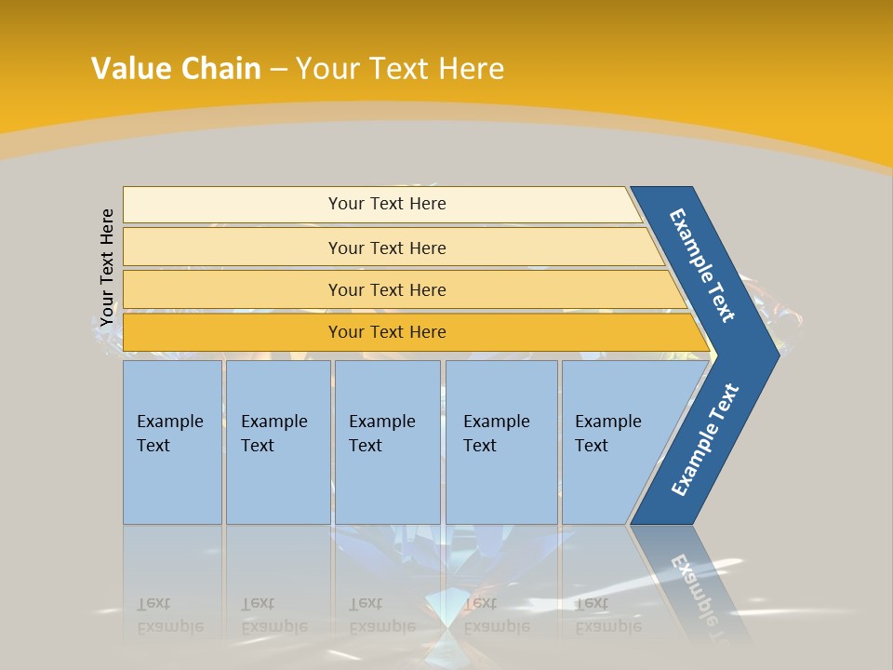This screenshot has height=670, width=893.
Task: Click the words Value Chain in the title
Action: pos(176,69)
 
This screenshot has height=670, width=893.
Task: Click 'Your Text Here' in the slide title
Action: pos(400,69)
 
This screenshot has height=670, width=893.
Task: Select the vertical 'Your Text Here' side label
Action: pos(107,267)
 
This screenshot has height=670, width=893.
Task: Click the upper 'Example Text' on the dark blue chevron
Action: pos(702,265)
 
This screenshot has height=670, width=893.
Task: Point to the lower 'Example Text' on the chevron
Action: pos(705,440)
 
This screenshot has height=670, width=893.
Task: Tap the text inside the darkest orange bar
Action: pos(387,332)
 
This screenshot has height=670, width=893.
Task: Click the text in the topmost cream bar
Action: pos(387,204)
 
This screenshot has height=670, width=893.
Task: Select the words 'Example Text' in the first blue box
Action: pos(169,433)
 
